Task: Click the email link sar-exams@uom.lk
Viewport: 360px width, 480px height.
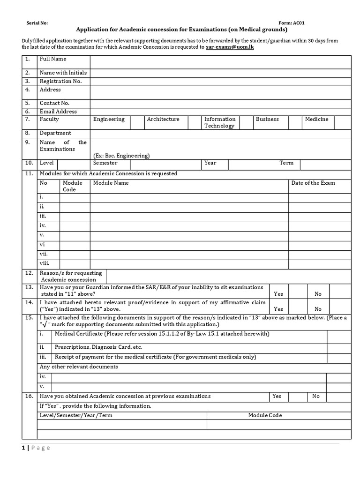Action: pos(230,47)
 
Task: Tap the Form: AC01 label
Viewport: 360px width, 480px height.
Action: pos(292,23)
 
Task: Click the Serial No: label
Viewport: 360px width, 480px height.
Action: pos(37,23)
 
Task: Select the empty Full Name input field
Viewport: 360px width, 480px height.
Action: pos(220,62)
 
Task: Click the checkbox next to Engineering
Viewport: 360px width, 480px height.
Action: pos(137,122)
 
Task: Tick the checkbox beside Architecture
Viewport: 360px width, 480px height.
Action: pos(194,122)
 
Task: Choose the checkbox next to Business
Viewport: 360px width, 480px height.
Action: pos(295,122)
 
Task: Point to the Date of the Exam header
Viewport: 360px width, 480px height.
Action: pos(313,183)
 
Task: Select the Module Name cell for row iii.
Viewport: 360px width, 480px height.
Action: pos(189,217)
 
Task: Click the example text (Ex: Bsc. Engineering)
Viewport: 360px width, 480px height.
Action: pos(121,156)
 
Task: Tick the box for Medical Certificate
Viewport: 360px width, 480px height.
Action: pos(339,337)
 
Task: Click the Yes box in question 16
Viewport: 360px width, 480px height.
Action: pos(295,397)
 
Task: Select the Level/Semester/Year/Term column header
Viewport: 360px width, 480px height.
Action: pos(76,415)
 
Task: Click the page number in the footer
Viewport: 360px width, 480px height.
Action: pos(23,448)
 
